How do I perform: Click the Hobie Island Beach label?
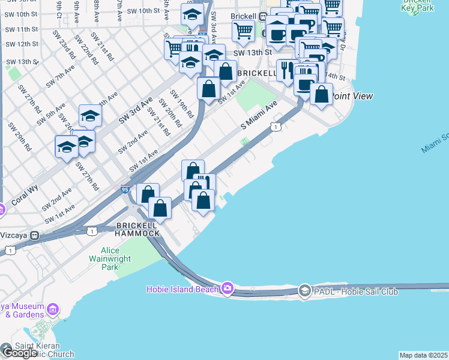click(182, 289)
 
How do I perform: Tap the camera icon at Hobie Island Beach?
click(227, 289)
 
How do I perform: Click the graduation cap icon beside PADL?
click(304, 291)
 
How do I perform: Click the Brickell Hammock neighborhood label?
click(137, 229)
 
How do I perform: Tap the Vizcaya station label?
click(14, 235)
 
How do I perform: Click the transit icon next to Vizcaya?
click(35, 235)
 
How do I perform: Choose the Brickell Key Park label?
click(427, 7)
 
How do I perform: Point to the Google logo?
click(19, 352)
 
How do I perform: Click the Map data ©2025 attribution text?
click(424, 355)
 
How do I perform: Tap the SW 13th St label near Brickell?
click(249, 53)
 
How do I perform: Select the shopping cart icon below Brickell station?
click(243, 29)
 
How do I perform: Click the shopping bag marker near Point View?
click(322, 94)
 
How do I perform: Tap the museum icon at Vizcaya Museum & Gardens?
click(53, 309)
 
